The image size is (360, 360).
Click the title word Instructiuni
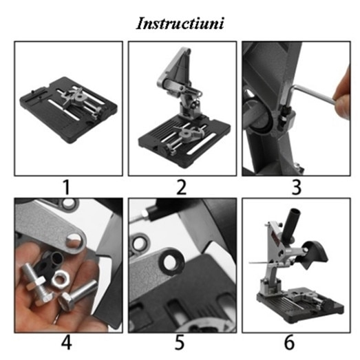click(x=180, y=23)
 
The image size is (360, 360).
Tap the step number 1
click(x=66, y=187)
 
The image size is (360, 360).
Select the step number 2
click(x=182, y=187)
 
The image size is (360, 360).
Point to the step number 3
click(x=297, y=187)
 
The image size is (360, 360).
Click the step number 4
click(x=67, y=343)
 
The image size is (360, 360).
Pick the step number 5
click(x=180, y=343)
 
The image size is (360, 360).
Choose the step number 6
click(x=289, y=343)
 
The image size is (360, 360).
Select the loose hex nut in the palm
click(x=60, y=279)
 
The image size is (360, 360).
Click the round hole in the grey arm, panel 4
click(x=74, y=241)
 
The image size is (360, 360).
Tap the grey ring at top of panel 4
click(x=70, y=203)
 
